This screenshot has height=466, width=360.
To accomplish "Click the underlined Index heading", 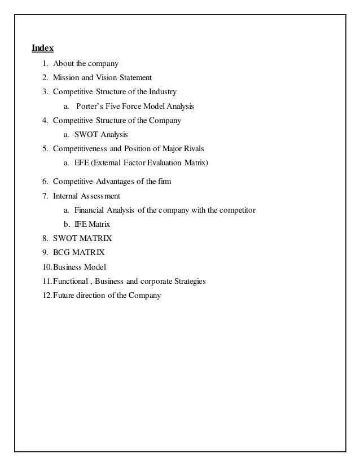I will click(42, 48).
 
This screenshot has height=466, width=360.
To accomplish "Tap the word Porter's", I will click(91, 105).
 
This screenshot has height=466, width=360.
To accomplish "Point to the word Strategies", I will click(189, 280).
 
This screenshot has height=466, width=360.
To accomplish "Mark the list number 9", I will click(45, 252).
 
